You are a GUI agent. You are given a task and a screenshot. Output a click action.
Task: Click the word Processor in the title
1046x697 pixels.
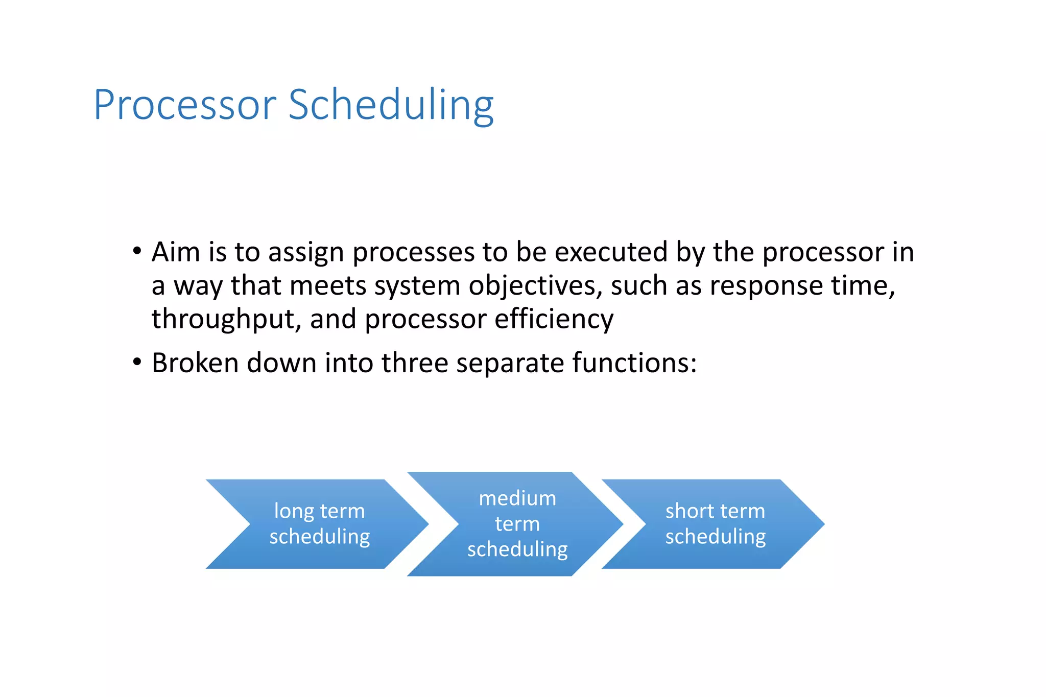pos(185,106)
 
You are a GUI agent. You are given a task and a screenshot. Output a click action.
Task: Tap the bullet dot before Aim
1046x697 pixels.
pos(136,251)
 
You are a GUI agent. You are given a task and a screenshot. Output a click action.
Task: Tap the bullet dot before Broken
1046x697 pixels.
pos(136,362)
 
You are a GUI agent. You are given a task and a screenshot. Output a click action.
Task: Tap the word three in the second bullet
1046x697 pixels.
pos(414,363)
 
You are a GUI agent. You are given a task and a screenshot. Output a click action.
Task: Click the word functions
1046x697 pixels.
pos(634,363)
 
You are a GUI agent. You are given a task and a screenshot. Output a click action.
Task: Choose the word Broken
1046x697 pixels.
pos(195,363)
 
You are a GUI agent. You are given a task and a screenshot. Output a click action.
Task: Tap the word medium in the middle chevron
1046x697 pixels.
pos(517,498)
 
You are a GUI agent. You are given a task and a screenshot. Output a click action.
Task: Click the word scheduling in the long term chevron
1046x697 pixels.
pos(320,537)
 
